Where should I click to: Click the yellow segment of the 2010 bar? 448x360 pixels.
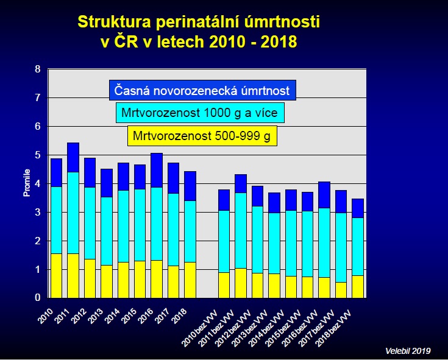pos(56,276)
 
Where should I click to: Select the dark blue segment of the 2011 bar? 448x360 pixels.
pos(73,157)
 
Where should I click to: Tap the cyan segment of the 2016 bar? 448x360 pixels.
pos(157,224)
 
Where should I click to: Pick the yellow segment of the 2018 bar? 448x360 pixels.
pos(190,280)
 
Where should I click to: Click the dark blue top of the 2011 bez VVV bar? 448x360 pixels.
pos(241,183)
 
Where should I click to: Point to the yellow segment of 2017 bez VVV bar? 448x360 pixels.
pos(341,290)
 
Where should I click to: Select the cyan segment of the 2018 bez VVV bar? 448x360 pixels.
pos(358,247)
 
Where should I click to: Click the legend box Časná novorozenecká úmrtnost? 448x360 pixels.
pos(202,90)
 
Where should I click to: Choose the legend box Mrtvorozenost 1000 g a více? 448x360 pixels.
pos(200,113)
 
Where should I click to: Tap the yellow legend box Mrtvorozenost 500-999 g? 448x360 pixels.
pos(202,136)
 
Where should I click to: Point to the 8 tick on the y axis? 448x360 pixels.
pos(38,69)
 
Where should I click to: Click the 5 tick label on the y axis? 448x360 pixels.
pos(38,155)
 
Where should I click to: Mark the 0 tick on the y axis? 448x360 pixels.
pos(38,297)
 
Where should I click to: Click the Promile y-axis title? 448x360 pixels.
pos(27,183)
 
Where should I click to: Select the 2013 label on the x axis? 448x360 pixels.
pos(96,316)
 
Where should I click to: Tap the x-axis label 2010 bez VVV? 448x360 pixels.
pos(200,328)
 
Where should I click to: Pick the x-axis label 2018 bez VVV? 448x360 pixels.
pos(333,328)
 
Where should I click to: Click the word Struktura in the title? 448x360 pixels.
pos(114,22)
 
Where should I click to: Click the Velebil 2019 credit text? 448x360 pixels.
pos(408,351)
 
